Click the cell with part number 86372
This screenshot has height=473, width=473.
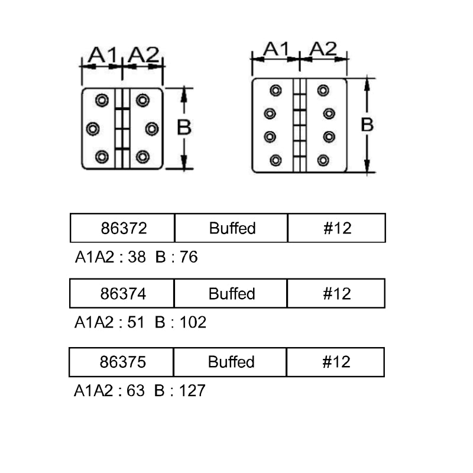122,228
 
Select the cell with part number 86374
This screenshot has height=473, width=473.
122,293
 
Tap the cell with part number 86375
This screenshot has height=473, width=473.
121,362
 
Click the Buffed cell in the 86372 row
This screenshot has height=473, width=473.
232,228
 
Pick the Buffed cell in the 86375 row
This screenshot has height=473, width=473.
231,362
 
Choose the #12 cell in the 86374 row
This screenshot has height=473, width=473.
336,293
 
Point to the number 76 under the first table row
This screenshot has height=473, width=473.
190,257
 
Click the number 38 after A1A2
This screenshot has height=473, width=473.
135,257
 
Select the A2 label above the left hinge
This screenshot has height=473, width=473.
144,55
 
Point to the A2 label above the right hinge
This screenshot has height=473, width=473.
322,49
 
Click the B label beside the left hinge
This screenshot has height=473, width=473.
184,128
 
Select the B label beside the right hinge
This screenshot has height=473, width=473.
367,125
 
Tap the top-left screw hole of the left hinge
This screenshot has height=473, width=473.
102,100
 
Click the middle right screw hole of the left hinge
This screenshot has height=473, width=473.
151,128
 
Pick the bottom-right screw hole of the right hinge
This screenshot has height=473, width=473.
323,160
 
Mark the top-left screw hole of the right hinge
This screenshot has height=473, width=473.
276,90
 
